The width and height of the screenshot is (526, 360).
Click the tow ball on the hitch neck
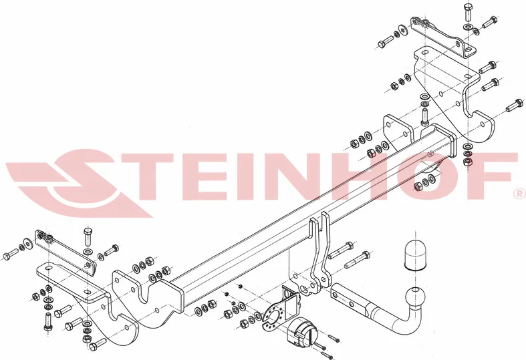point(416,298)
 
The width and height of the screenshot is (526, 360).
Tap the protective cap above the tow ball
point(415,254)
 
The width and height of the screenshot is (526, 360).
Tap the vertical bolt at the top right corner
point(468,12)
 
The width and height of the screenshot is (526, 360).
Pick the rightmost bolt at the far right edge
point(515,105)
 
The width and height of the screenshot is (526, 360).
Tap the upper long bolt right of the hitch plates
point(340,250)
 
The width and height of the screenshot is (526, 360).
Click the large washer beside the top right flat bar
point(402,30)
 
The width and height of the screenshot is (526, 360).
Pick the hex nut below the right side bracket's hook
point(467,162)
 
